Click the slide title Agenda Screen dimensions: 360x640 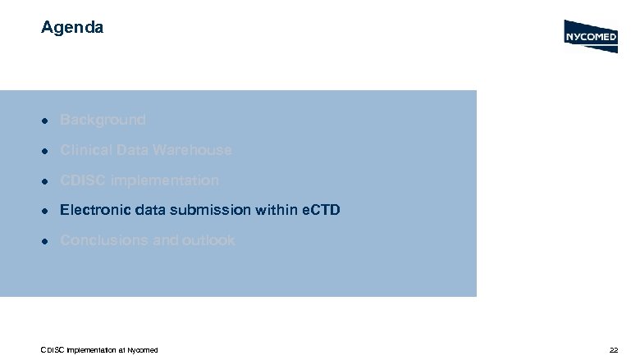point(72,28)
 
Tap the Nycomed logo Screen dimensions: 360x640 point(591,36)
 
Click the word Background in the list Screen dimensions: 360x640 point(103,120)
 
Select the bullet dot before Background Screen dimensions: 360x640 point(48,121)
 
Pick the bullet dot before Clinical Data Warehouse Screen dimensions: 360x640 point(48,151)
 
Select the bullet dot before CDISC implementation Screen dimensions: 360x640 point(48,181)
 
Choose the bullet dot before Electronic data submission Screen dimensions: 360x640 point(48,212)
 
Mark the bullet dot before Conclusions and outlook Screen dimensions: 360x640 point(48,241)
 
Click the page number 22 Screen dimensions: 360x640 point(613,350)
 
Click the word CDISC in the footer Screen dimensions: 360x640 point(53,350)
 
